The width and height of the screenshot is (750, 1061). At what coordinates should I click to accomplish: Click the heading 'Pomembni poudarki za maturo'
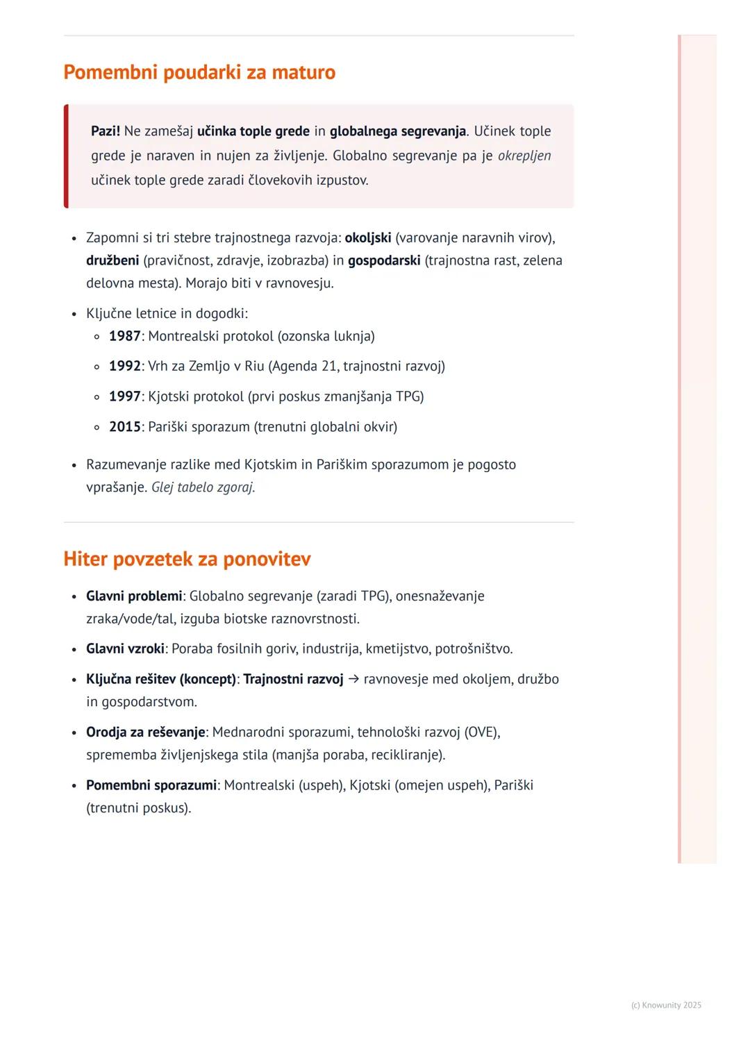click(199, 72)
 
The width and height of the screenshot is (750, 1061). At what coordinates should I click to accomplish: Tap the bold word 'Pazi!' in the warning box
click(106, 131)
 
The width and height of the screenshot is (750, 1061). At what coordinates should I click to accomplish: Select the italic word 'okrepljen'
click(524, 156)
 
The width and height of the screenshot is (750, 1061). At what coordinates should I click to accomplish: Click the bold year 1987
click(125, 336)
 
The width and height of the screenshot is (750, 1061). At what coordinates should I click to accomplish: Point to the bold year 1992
click(125, 366)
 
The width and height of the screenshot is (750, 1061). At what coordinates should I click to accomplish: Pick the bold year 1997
click(125, 396)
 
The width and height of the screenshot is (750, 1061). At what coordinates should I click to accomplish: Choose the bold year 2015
click(125, 426)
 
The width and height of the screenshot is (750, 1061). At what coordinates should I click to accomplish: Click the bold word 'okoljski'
click(368, 237)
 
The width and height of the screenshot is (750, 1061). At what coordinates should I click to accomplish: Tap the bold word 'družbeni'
click(112, 260)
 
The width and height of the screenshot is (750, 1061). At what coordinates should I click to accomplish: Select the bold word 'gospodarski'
click(384, 260)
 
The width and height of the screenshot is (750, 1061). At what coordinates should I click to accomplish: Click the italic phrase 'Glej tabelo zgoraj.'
click(203, 487)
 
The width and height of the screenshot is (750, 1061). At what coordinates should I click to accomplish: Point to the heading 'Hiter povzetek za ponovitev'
click(187, 559)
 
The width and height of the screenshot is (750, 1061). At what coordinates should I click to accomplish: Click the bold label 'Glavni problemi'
click(134, 596)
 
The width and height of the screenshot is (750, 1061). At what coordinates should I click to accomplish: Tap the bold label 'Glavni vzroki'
click(125, 649)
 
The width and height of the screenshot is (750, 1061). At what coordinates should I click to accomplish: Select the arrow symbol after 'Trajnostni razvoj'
click(353, 679)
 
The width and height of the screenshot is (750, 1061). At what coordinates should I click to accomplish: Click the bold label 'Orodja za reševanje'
click(146, 732)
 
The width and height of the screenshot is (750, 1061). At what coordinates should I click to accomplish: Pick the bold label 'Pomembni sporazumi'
click(151, 785)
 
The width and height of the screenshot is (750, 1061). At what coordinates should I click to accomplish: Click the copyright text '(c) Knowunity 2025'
click(666, 1005)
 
